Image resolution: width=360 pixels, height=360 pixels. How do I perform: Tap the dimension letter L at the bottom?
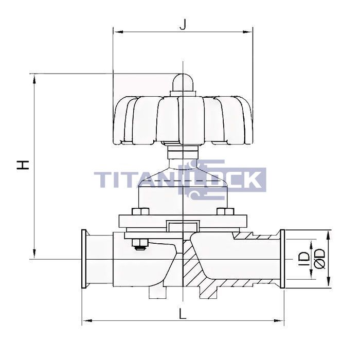pyautogui.click(x=183, y=313)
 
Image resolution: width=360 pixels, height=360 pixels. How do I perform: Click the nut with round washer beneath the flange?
pyautogui.click(x=139, y=245)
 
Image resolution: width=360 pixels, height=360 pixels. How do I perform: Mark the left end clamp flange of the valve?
pyautogui.click(x=84, y=259)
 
